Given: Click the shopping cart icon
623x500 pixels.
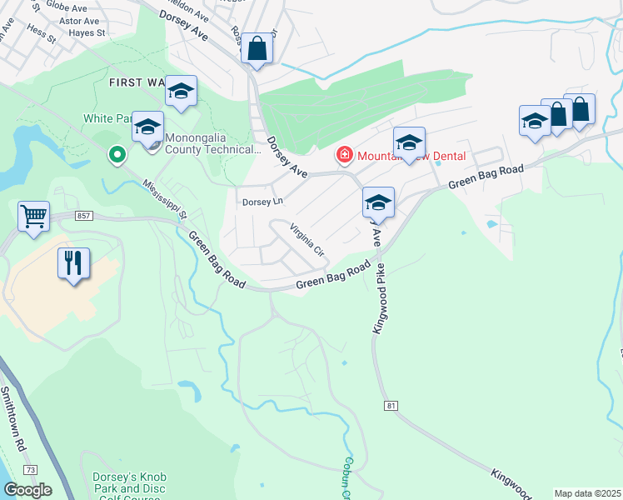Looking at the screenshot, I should (33, 217).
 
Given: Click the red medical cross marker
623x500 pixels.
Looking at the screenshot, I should (342, 155).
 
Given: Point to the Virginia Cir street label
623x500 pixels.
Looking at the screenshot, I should (306, 239).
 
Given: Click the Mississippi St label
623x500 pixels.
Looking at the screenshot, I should (165, 200).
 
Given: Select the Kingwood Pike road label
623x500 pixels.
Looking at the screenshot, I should (381, 298).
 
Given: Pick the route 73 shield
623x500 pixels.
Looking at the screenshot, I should (30, 471).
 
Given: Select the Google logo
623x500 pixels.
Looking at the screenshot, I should (27, 490).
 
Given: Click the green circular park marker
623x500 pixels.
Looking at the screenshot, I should (117, 154).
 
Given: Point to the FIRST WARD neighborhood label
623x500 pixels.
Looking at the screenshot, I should (138, 82).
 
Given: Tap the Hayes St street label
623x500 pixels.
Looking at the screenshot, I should (89, 32).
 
